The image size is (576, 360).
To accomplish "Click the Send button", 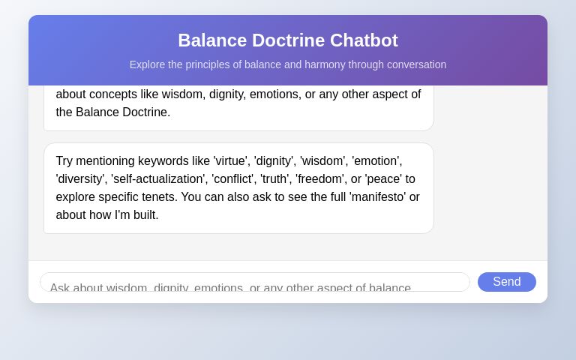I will [x=507, y=282].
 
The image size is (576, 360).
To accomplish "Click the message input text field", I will [x=255, y=283].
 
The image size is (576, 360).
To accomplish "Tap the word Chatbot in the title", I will [x=364, y=40].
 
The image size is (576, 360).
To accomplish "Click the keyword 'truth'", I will [x=274, y=178].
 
